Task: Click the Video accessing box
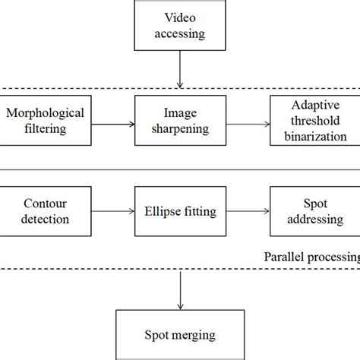click(179, 25)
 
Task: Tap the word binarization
click(314, 136)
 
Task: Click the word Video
click(179, 17)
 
